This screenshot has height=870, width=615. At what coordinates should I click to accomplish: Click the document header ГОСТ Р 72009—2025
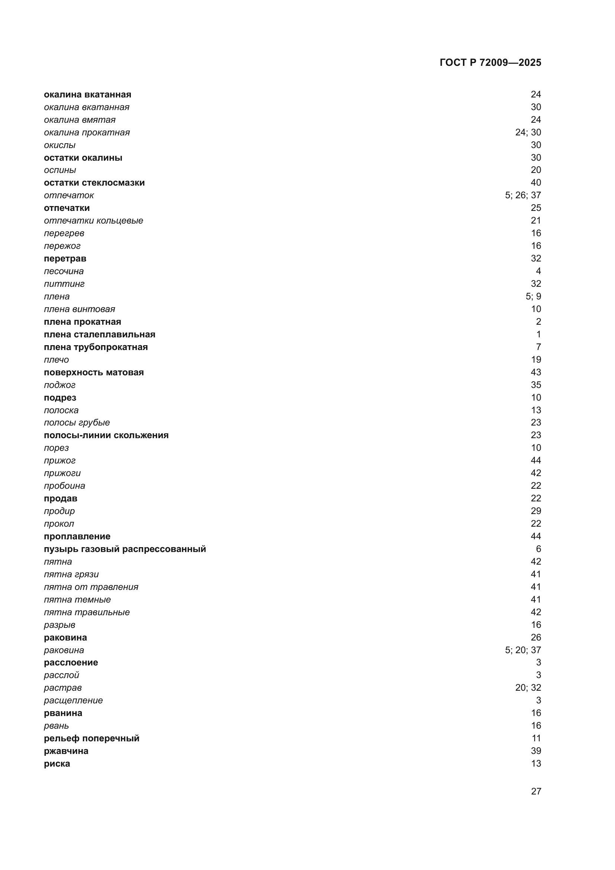490,62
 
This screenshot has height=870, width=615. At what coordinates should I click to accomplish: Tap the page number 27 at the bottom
536,791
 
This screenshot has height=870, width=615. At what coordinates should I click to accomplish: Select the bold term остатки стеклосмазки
94,183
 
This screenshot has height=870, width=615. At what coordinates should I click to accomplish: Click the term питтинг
64,284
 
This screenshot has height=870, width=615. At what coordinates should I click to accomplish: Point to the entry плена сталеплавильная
100,334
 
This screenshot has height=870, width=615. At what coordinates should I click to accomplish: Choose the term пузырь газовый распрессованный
125,549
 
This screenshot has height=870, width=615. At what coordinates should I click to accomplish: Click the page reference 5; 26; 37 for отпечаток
523,195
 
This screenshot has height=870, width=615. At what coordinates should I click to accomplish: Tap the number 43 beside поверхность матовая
536,372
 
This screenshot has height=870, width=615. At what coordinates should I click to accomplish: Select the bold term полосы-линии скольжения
106,435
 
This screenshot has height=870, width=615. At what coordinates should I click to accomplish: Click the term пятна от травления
91,587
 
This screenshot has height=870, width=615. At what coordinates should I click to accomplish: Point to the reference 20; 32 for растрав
528,687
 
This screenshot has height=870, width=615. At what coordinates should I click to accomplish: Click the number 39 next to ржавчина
536,751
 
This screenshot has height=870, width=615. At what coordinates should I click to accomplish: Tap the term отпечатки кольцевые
94,221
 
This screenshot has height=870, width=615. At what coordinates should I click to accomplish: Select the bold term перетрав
65,259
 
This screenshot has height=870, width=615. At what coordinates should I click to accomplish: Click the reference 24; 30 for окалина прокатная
528,132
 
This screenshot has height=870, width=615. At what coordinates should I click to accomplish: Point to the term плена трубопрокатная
96,347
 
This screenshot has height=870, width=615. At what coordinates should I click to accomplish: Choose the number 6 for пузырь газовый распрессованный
538,549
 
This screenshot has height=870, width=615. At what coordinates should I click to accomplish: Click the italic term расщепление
73,700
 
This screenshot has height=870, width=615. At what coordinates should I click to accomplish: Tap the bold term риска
57,764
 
